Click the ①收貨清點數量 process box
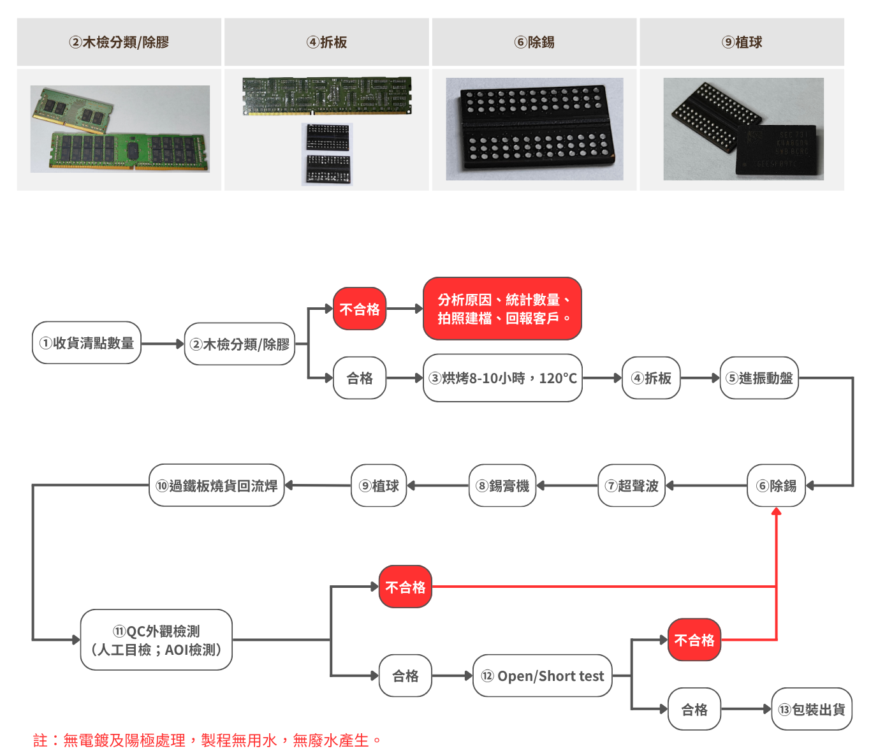click(87, 343)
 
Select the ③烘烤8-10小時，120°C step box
click(502, 378)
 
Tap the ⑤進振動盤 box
click(759, 378)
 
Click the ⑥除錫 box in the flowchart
click(776, 486)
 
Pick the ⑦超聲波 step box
click(631, 486)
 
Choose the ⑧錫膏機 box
click(502, 486)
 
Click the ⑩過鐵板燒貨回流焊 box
click(217, 486)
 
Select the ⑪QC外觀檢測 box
click(156, 640)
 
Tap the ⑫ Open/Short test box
click(543, 676)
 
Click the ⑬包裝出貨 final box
click(812, 709)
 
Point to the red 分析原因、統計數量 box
click(502, 309)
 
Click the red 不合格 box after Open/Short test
click(694, 640)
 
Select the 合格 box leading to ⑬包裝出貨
click(694, 709)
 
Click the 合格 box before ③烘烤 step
click(360, 378)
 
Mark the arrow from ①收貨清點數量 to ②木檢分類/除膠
click(163, 344)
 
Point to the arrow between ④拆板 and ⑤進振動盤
click(700, 378)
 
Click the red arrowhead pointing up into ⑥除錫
click(776, 511)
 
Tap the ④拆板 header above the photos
click(326, 42)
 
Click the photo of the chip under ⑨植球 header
click(743, 129)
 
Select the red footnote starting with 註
click(207, 740)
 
